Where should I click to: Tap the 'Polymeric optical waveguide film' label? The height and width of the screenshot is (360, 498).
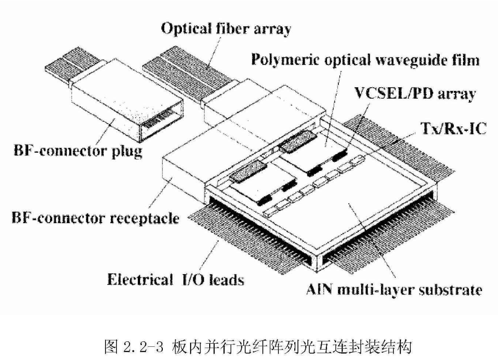[366, 60]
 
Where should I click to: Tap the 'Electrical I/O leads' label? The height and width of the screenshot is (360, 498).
[176, 280]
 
